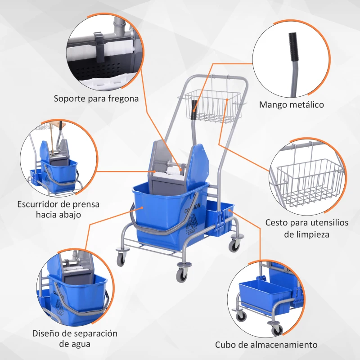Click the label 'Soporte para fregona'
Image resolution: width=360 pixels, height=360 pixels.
click(x=96, y=98)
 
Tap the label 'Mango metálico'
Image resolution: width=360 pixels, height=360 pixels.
click(x=292, y=105)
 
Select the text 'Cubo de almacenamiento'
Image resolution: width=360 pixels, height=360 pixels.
click(x=266, y=345)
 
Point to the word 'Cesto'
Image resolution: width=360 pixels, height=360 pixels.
click(x=276, y=222)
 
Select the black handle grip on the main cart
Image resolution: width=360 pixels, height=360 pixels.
click(x=194, y=111)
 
